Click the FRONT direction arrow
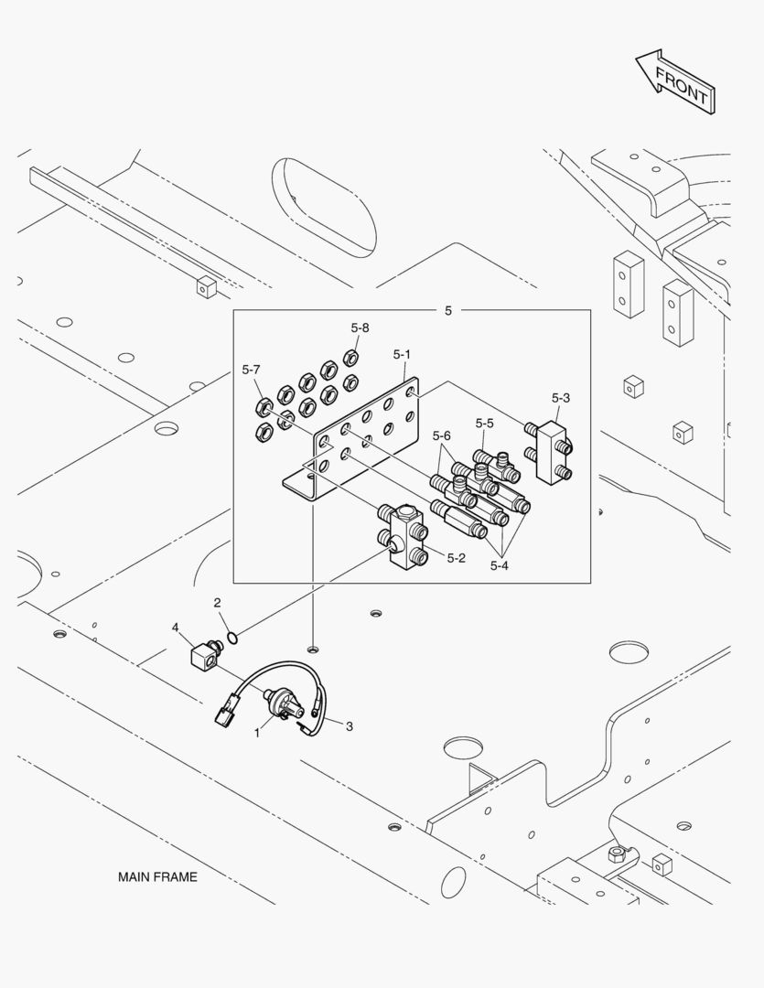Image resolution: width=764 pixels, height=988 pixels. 675,82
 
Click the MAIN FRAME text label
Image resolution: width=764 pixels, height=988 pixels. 157,876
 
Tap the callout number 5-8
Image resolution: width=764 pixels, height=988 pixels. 360,328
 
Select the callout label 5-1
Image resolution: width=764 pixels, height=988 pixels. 403,353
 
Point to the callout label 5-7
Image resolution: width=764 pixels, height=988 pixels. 252,370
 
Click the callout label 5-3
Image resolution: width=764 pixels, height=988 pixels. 561,397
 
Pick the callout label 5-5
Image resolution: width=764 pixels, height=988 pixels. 485,423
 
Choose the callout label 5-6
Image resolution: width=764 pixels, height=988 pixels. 442,435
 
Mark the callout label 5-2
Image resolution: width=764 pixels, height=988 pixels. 457,557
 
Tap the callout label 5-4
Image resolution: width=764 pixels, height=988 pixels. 499,565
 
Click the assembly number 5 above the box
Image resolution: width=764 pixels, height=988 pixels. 448,311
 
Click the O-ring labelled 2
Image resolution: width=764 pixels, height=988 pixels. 232,638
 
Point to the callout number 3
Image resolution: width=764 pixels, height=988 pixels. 349,725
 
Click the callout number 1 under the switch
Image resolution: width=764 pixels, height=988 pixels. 257,733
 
